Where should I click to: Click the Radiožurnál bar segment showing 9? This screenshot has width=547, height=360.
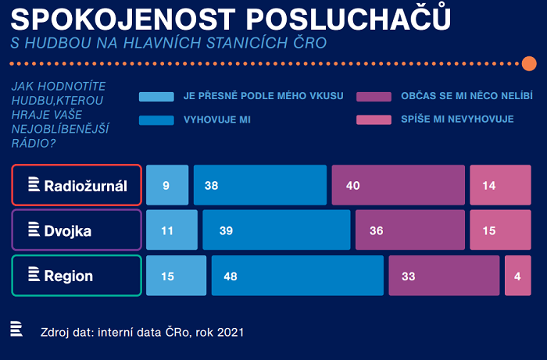pyautogui.click(x=167, y=185)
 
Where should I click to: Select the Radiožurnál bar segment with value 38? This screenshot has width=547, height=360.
pyautogui.click(x=259, y=185)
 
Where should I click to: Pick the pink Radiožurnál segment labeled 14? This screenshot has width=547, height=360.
pyautogui.click(x=500, y=185)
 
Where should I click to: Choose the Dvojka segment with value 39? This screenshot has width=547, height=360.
pyautogui.click(x=276, y=230)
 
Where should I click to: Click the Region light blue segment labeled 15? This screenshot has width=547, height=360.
pyautogui.click(x=176, y=276)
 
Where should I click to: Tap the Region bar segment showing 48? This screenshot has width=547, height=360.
pyautogui.click(x=297, y=276)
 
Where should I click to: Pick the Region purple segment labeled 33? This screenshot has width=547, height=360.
pyautogui.click(x=444, y=276)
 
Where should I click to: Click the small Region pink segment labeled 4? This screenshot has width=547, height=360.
pyautogui.click(x=517, y=276)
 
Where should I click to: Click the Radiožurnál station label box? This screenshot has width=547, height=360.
pyautogui.click(x=77, y=185)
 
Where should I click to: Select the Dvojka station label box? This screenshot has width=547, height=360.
pyautogui.click(x=77, y=230)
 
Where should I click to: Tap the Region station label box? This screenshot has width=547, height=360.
pyautogui.click(x=77, y=276)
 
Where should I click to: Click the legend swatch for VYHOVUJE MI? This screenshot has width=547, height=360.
pyautogui.click(x=156, y=120)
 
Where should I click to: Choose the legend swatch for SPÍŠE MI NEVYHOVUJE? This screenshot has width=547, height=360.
pyautogui.click(x=373, y=120)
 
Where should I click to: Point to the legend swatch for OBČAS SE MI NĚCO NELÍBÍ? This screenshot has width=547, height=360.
pyautogui.click(x=373, y=97)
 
